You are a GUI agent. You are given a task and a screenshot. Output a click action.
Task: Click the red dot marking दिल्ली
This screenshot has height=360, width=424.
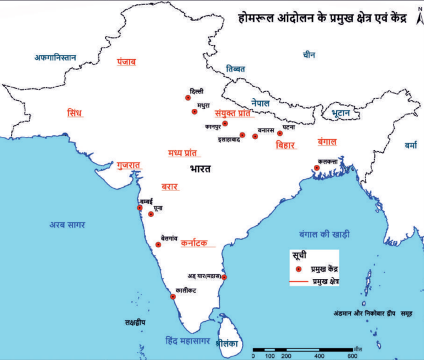pyautogui.click(x=188, y=98)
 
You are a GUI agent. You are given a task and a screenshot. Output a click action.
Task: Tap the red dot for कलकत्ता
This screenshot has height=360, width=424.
pyautogui.click(x=317, y=168)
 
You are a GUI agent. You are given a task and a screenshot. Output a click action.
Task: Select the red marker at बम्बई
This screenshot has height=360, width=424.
pyautogui.click(x=139, y=208)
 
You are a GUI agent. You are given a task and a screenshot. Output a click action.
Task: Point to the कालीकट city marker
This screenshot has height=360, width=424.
pyautogui.click(x=173, y=297)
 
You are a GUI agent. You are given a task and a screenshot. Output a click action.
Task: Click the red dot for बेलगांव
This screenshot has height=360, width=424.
pyautogui.click(x=158, y=244)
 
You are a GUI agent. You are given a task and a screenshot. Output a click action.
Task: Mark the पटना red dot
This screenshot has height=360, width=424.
pyautogui.click(x=280, y=133)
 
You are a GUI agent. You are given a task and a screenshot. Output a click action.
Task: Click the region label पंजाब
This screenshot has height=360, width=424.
pyautogui.click(x=126, y=62)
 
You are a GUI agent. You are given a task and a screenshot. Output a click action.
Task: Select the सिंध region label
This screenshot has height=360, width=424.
pyautogui.click(x=74, y=113)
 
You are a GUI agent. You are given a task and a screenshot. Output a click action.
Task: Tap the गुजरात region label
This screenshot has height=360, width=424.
pyautogui.click(x=129, y=165)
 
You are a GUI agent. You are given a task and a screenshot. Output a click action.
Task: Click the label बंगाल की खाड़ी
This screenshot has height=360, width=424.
pyautogui.click(x=324, y=234)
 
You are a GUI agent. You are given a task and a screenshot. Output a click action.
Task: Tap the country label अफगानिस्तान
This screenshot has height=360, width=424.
pyautogui.click(x=55, y=57)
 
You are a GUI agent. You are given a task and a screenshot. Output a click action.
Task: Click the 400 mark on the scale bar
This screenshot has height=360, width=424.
pyautogui.click(x=319, y=356)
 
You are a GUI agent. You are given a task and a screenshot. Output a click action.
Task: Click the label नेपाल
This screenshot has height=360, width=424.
pyautogui.click(x=260, y=103)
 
